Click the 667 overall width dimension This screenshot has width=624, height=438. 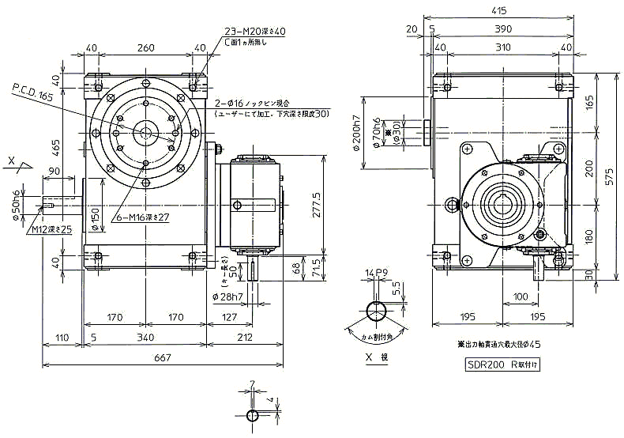point(163,357)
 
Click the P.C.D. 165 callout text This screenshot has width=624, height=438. point(32,95)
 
